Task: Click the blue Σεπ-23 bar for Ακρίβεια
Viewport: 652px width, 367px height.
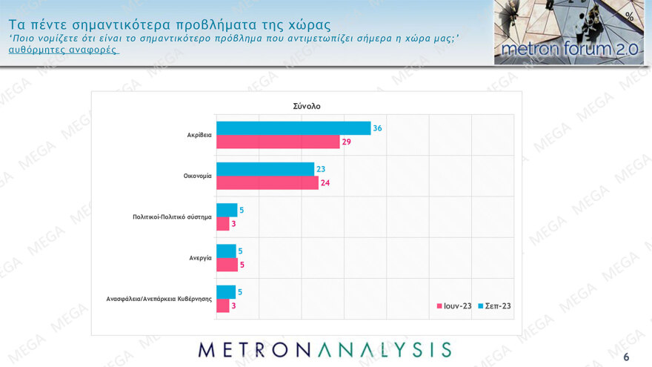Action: coord(293,128)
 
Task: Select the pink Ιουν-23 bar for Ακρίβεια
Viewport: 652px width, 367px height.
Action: coord(277,142)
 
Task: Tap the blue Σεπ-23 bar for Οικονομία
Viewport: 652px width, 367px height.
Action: coord(265,169)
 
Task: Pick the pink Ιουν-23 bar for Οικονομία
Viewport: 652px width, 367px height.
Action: coord(267,182)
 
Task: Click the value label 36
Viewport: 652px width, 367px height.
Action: coord(377,128)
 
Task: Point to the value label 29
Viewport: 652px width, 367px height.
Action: coord(346,142)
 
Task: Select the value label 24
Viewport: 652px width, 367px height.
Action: coord(325,182)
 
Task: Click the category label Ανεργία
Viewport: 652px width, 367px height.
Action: coord(200,258)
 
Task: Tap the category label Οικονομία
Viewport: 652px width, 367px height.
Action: coord(198,176)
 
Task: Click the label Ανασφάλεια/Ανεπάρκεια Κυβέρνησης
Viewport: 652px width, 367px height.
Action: coord(159,299)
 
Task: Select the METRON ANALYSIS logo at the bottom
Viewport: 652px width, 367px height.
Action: coord(325,350)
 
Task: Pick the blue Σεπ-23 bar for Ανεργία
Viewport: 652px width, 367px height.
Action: coord(226,251)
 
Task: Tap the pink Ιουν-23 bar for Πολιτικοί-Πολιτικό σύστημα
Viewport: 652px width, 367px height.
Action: coord(222,223)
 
